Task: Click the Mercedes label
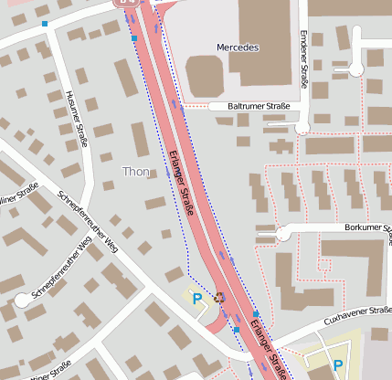click(x=238, y=47)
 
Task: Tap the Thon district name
click(x=135, y=171)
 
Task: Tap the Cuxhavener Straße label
click(x=357, y=316)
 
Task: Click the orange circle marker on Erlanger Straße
click(x=219, y=296)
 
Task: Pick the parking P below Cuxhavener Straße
click(x=338, y=365)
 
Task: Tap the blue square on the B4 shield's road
click(x=134, y=39)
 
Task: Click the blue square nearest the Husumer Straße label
click(x=45, y=23)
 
